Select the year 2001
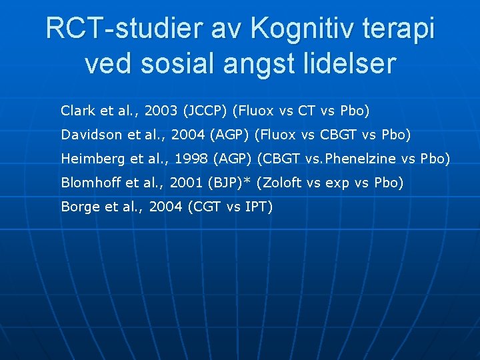(187, 183)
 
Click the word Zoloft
(282, 183)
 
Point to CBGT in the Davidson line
(338, 135)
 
